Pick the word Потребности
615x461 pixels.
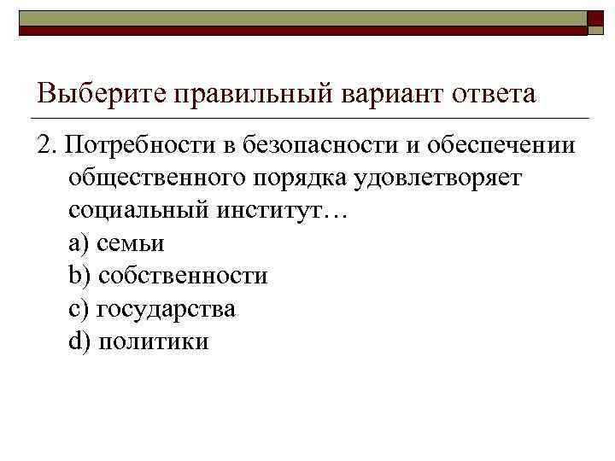(138, 146)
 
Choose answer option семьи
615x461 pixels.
(131, 244)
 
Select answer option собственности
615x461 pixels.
(184, 277)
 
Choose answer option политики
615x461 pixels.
(154, 341)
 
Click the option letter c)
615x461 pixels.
(79, 309)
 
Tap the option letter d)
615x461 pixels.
(79, 341)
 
